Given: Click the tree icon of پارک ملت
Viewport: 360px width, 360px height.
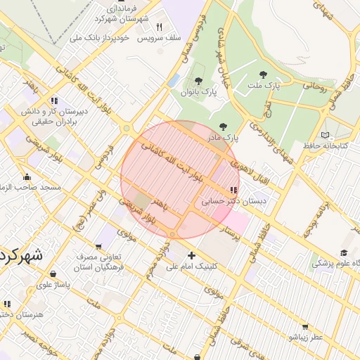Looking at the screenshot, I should [x=263, y=75].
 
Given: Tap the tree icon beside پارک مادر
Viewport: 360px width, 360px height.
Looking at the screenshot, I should [x=224, y=127].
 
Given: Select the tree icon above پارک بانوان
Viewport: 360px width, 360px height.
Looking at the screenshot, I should [x=198, y=81].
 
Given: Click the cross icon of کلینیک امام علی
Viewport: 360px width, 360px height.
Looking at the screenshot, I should [x=191, y=255].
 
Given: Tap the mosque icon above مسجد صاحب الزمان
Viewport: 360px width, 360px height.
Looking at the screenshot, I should [x=27, y=176].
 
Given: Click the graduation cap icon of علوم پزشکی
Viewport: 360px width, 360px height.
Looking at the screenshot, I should [x=344, y=253].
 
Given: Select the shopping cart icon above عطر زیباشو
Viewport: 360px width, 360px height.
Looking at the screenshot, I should [x=304, y=327].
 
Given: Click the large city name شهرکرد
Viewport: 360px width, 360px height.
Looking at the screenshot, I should [x=21, y=255].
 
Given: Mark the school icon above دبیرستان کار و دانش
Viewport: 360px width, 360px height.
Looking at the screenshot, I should [x=54, y=101].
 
